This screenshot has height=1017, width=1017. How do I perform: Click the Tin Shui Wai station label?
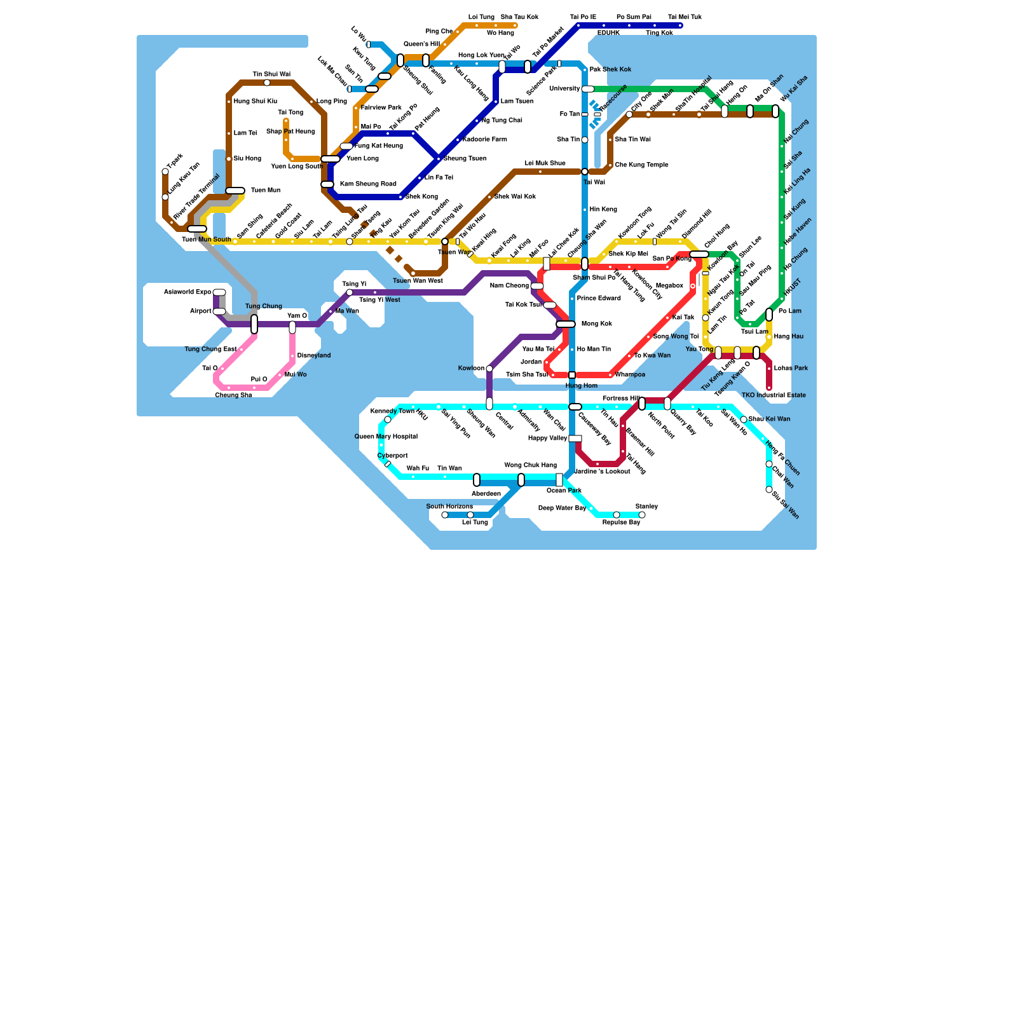pyautogui.click(x=271, y=74)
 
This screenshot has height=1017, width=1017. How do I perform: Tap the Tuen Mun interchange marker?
pyautogui.click(x=235, y=191)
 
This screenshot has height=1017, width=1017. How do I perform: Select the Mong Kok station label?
pyautogui.click(x=597, y=324)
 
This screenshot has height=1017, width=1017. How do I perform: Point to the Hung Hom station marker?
pyautogui.click(x=572, y=375)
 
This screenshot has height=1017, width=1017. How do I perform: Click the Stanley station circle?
pyautogui.click(x=642, y=515)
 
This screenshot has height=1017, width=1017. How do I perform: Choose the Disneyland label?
pyautogui.click(x=314, y=356)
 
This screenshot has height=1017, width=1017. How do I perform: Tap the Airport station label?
pyautogui.click(x=201, y=311)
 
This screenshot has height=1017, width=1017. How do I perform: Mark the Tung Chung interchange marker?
pyautogui.click(x=254, y=324)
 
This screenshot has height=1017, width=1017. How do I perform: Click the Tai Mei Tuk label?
pyautogui.click(x=685, y=17)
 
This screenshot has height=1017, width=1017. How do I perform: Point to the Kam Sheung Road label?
pyautogui.click(x=368, y=184)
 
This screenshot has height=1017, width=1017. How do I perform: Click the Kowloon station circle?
pyautogui.click(x=489, y=369)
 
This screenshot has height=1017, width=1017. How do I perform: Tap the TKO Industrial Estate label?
pyautogui.click(x=774, y=395)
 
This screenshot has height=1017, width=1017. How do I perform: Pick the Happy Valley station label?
pyautogui.click(x=548, y=439)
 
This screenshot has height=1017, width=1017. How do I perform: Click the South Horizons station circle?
pyautogui.click(x=445, y=515)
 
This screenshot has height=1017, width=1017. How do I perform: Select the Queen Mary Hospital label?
pyautogui.click(x=386, y=437)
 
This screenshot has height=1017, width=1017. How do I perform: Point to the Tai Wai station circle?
pyautogui.click(x=585, y=172)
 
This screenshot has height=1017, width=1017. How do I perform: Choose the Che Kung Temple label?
pyautogui.click(x=641, y=165)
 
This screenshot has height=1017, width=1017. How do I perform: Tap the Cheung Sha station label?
pyautogui.click(x=233, y=395)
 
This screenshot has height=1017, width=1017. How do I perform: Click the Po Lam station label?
pyautogui.click(x=790, y=311)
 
